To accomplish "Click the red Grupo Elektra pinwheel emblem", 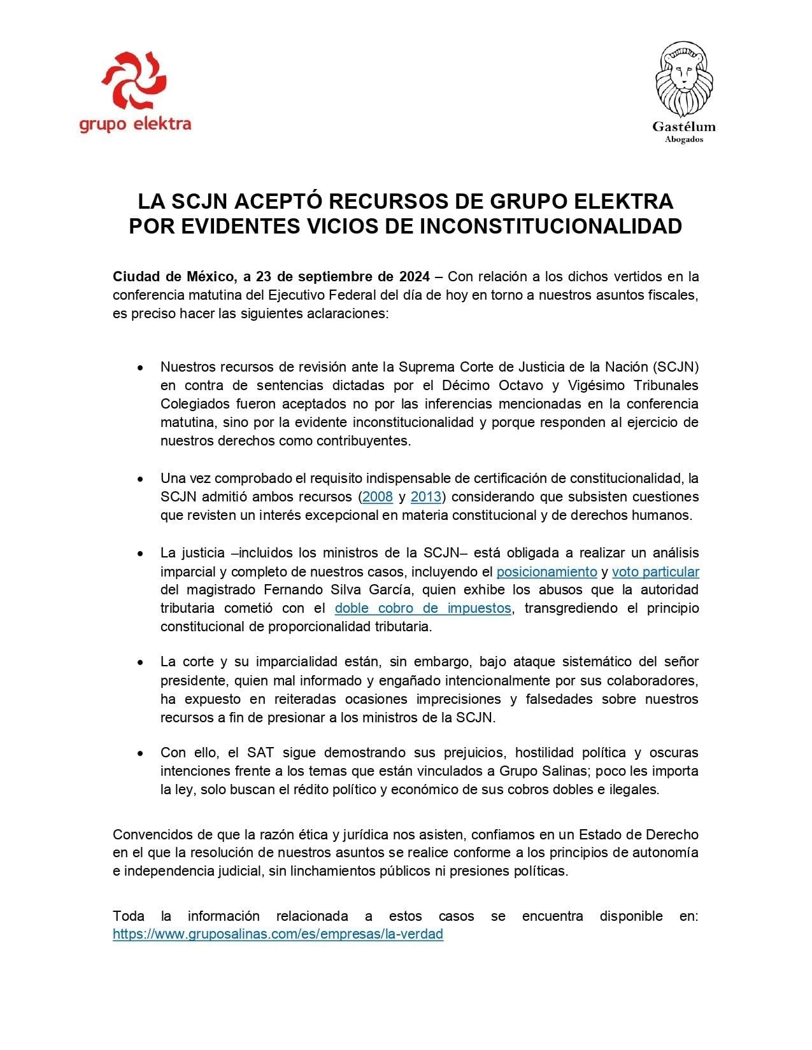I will (134, 81).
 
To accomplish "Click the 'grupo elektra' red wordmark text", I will (135, 123).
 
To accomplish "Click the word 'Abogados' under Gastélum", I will (684, 140).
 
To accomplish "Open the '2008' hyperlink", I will (378, 497).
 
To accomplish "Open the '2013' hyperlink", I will (426, 497).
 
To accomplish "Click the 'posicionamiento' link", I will (546, 571).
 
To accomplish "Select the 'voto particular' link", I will (655, 571).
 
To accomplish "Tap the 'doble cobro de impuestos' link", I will (423, 608).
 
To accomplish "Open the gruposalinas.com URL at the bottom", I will (278, 935).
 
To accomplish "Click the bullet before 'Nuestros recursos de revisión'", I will (140, 368).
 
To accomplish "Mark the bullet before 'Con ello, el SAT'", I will (140, 753).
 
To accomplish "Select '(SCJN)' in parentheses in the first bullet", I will (675, 367).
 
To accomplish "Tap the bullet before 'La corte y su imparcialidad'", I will (140, 662).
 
